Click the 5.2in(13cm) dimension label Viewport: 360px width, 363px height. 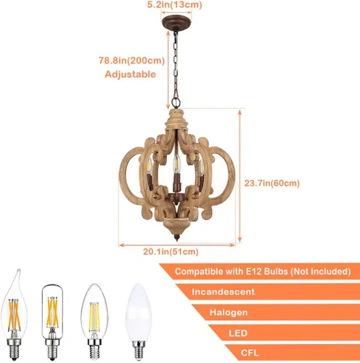(174, 4)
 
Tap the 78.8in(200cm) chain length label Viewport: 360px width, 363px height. (132, 60)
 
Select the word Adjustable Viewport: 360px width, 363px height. (131, 74)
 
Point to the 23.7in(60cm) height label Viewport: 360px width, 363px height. (272, 183)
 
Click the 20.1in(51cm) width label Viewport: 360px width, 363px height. (171, 252)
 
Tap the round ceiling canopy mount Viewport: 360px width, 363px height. (176, 23)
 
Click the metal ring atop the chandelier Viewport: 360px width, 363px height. (176, 102)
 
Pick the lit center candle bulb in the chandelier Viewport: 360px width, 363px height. (177, 163)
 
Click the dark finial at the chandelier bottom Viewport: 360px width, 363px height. (177, 237)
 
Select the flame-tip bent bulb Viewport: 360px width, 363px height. (15, 314)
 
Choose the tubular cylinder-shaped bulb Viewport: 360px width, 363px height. (52, 322)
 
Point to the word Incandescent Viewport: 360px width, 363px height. (224, 292)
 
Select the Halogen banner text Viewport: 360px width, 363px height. (229, 312)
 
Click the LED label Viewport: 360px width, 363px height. (238, 333)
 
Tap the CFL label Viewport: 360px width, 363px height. (250, 353)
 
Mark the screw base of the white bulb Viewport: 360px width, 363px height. (139, 350)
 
